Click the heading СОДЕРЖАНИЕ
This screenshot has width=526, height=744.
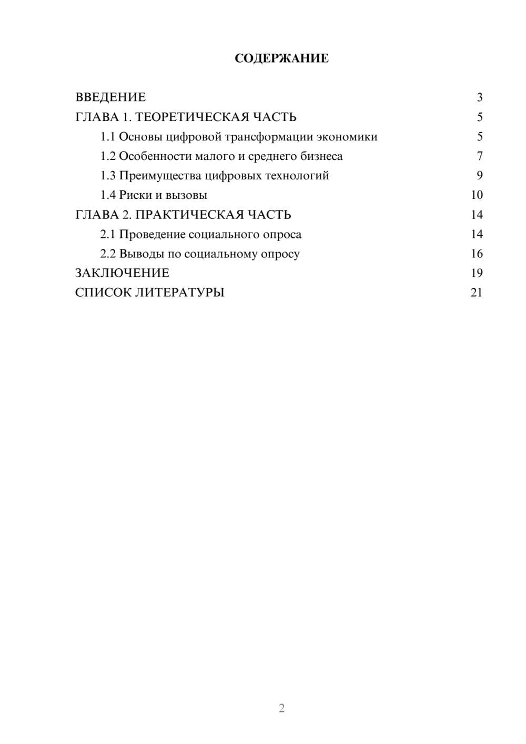coord(281,58)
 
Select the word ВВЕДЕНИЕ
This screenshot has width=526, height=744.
coord(110,97)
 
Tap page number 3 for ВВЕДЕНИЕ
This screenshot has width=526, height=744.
coord(479,97)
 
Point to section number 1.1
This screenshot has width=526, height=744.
coord(107,137)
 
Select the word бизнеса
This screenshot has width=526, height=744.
coord(321,156)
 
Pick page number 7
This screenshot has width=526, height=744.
coord(479,156)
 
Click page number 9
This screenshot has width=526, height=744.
coord(479,176)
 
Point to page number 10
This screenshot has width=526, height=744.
coord(477,195)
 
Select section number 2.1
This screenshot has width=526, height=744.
coord(107,234)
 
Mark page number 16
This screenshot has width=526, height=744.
coord(477,254)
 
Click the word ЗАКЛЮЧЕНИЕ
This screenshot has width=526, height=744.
coord(122,273)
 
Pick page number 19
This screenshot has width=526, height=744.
coord(477,273)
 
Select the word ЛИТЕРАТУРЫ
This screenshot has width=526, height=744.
coord(180,293)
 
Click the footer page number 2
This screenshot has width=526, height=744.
coord(281,708)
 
